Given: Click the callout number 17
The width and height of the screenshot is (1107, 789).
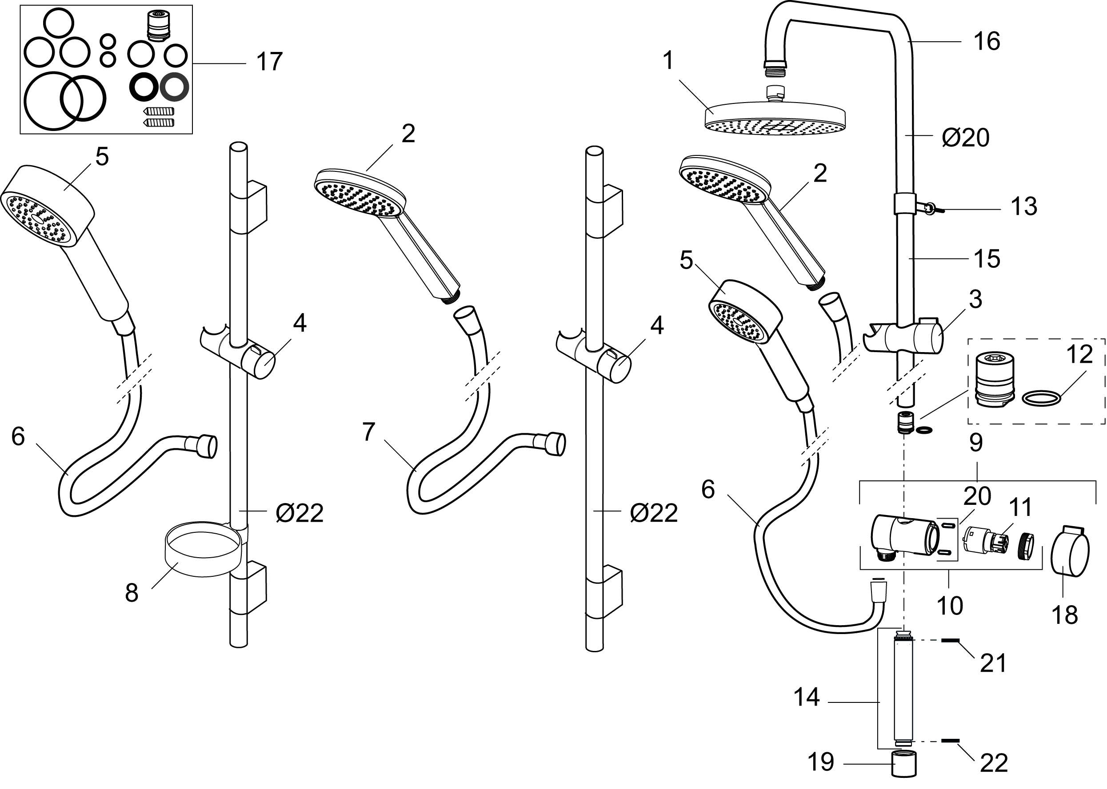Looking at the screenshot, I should [x=269, y=62].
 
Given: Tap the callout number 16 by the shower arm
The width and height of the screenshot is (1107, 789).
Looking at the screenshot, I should [x=987, y=41].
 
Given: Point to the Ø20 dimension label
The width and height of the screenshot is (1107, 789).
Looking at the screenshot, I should [x=965, y=139].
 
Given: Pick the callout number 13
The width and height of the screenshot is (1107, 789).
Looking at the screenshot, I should [x=1024, y=206].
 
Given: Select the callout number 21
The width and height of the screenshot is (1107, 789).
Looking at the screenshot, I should [x=993, y=663].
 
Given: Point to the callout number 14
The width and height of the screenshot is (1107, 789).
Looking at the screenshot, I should [x=807, y=698].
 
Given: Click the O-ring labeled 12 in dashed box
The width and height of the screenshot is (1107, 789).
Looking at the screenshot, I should [x=1041, y=399].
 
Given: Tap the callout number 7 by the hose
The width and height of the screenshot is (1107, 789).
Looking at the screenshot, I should [x=368, y=432].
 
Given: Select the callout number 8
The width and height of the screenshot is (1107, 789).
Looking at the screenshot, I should [x=132, y=593].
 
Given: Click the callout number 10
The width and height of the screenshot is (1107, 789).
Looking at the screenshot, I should [x=950, y=606].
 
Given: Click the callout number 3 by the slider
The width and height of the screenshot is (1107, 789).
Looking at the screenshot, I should [x=975, y=300].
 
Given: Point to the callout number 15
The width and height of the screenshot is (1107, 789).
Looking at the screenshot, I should [x=987, y=259].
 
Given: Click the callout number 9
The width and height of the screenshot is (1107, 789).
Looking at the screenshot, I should [x=976, y=443].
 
